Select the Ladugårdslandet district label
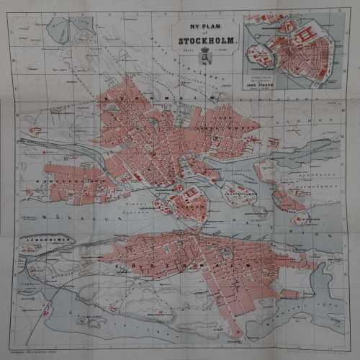tap(238, 122)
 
